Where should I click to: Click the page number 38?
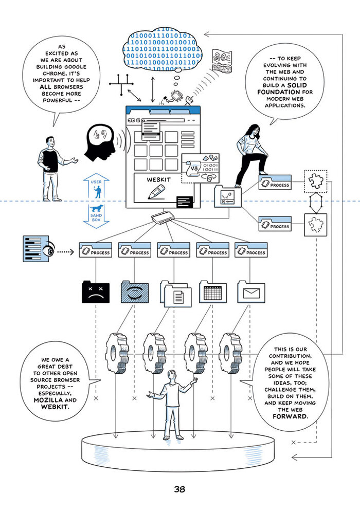pos(179,489)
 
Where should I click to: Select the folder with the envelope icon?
pos(250,293)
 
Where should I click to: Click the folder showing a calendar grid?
pos(212,293)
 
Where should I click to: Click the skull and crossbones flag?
pos(222,58)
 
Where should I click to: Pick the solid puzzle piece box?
pos(315,180)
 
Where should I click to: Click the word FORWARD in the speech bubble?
pos(291,416)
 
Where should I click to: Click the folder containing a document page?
pos(176,295)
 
